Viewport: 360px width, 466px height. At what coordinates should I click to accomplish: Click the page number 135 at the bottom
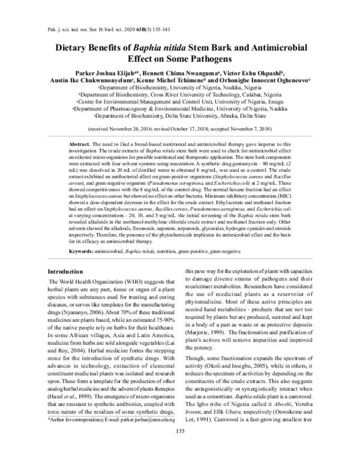coord(179,448)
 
